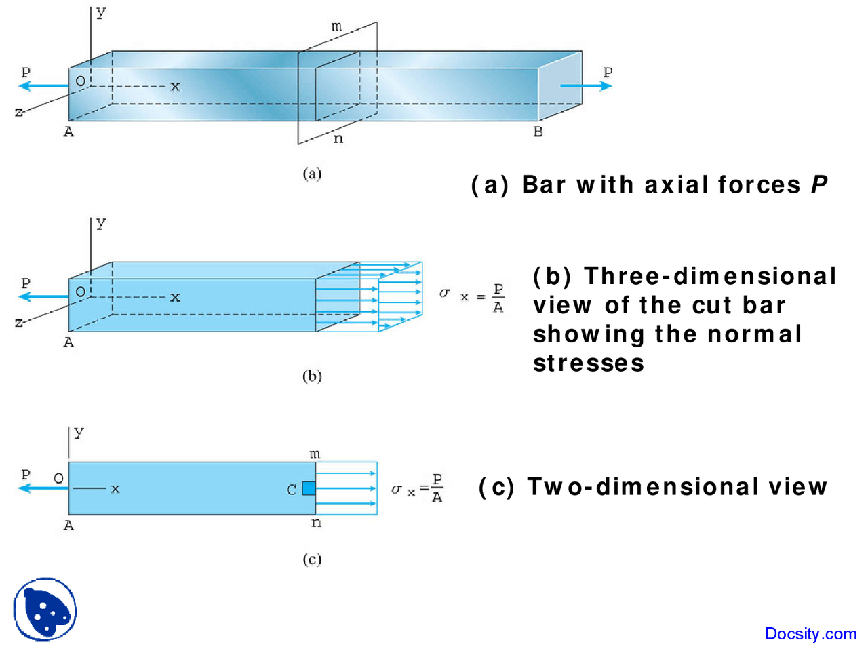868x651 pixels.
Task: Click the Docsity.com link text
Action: point(810,634)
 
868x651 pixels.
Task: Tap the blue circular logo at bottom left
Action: point(45,609)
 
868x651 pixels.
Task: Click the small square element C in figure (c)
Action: point(309,488)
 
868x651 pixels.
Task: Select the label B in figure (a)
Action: point(538,132)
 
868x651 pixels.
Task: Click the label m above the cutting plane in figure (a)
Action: point(337,27)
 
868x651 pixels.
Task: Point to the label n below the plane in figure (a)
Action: point(338,139)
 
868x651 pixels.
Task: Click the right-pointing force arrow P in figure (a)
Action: point(585,86)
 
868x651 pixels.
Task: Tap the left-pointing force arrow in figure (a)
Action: point(43,86)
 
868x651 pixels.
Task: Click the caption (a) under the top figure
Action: point(312,174)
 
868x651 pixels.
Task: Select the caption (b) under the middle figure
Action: point(312,376)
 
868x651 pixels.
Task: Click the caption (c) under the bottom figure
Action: point(312,559)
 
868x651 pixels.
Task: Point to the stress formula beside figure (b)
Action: point(473,296)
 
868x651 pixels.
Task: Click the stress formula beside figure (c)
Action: point(418,488)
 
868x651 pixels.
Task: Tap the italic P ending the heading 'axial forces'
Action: point(819,184)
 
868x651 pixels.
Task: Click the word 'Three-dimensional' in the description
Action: point(710,276)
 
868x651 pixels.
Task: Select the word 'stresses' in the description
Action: point(589,363)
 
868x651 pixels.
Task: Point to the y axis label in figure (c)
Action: point(79,433)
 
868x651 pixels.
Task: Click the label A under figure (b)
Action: point(68,343)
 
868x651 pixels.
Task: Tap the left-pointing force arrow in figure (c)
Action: point(43,488)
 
